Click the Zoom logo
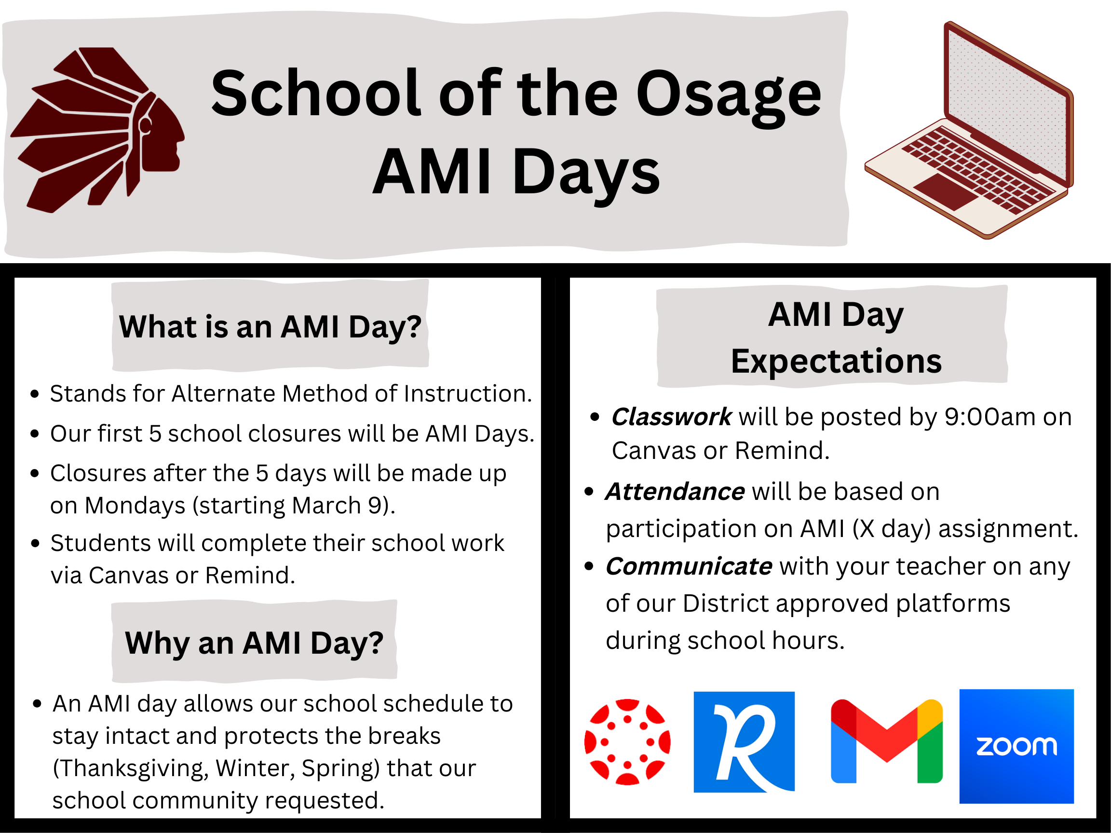pyautogui.click(x=1016, y=746)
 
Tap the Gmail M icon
pyautogui.click(x=886, y=741)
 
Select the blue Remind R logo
pyautogui.click(x=744, y=741)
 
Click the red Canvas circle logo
pyautogui.click(x=627, y=741)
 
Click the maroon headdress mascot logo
pyautogui.click(x=98, y=130)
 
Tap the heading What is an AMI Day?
pyautogui.click(x=270, y=327)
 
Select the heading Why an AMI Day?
pyautogui.click(x=254, y=643)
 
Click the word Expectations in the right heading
pyautogui.click(x=836, y=361)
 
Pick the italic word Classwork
pyautogui.click(x=671, y=417)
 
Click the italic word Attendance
pyautogui.click(x=675, y=492)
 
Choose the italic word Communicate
pyautogui.click(x=688, y=566)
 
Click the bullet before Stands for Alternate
pyautogui.click(x=35, y=394)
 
